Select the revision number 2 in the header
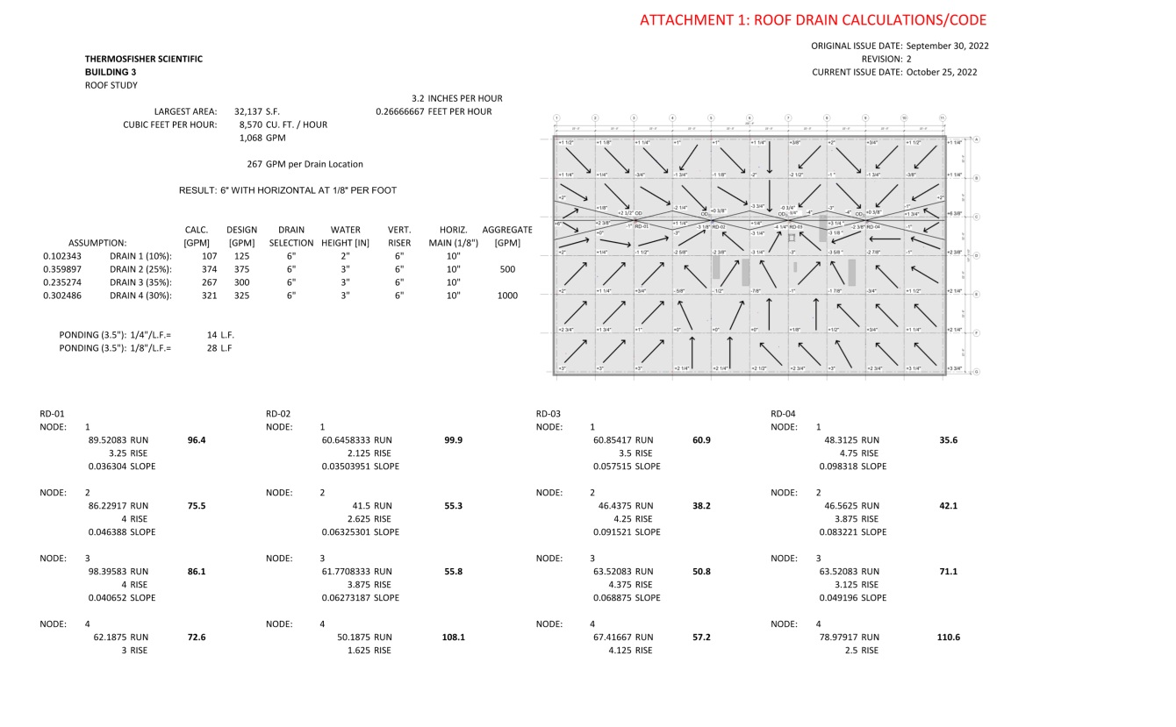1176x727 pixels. click(x=908, y=59)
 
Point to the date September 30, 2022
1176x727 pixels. click(x=947, y=46)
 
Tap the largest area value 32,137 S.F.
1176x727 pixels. click(x=256, y=111)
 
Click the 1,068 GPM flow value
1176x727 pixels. click(x=262, y=138)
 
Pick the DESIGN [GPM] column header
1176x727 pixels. click(x=241, y=236)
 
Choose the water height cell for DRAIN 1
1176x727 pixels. click(x=345, y=256)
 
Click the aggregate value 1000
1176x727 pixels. click(x=506, y=296)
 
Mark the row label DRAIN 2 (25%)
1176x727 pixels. click(x=140, y=269)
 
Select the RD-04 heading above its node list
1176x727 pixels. click(x=783, y=414)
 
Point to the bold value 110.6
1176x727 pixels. click(x=949, y=638)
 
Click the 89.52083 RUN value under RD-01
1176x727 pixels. click(x=109, y=440)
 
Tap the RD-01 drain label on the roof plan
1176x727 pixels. click(x=641, y=225)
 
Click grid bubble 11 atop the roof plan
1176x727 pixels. click(x=942, y=118)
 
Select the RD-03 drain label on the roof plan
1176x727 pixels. click(x=796, y=227)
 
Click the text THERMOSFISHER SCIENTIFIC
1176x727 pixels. click(x=143, y=59)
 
